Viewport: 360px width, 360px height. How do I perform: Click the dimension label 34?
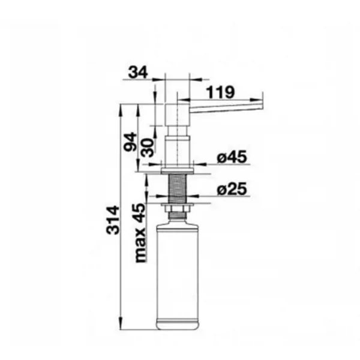point(138,73)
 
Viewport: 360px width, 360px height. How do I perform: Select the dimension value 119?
point(220,92)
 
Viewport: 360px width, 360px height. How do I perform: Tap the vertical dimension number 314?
point(113,220)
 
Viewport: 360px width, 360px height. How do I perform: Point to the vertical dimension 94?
point(130,142)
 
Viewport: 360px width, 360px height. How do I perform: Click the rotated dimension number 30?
point(147,148)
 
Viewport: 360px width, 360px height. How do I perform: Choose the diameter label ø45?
point(232,157)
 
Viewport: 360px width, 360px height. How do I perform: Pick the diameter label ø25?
point(232,189)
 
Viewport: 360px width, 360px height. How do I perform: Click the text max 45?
point(140,233)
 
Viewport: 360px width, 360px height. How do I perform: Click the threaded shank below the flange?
point(178,188)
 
